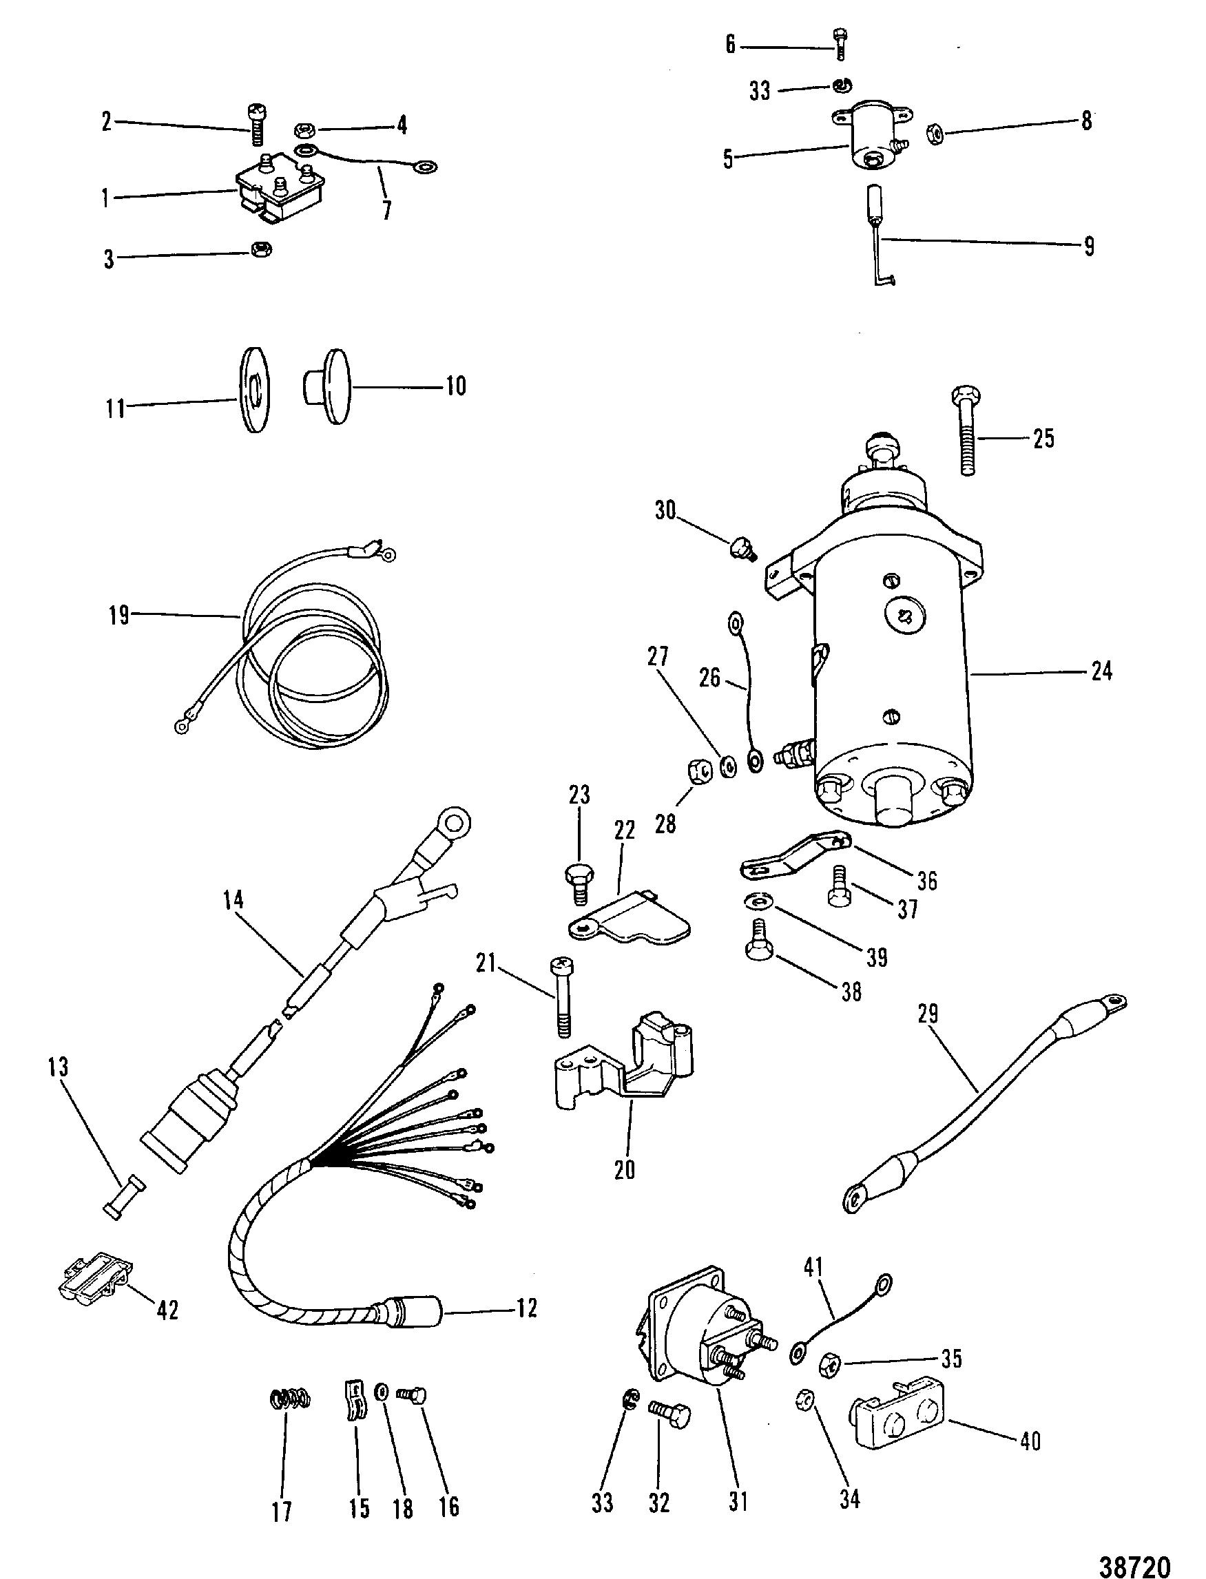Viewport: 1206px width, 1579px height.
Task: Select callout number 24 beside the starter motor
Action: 1101,671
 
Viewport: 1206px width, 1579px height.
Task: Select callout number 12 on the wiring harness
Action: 526,1308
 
